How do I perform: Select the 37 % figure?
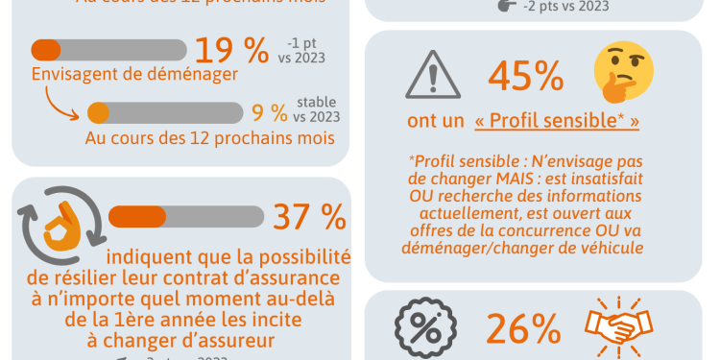pyautogui.click(x=309, y=217)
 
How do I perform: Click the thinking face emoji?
pyautogui.click(x=624, y=72)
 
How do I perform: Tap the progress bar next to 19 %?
pyautogui.click(x=108, y=49)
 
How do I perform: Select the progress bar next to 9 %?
pyautogui.click(x=164, y=112)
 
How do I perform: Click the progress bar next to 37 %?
pyautogui.click(x=183, y=216)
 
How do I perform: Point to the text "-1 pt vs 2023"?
pyautogui.click(x=304, y=50)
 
